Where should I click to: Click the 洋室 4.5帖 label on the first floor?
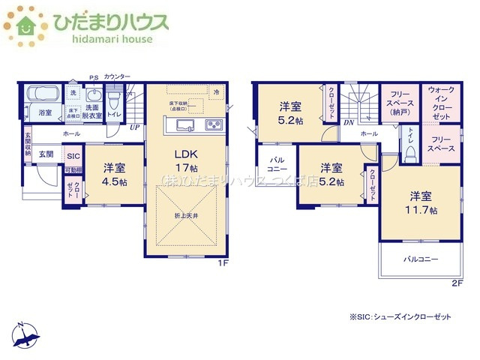(x=113, y=175)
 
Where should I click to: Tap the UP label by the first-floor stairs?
(x=134, y=127)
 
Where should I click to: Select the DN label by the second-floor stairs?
(x=348, y=122)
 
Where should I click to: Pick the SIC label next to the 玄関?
(x=73, y=156)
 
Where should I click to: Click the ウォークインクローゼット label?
(x=440, y=103)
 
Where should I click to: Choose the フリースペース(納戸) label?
(x=398, y=103)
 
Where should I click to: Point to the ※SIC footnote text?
(x=400, y=317)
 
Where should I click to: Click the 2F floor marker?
(x=457, y=283)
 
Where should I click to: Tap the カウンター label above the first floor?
(x=117, y=77)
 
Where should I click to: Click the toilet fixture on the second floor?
(x=410, y=153)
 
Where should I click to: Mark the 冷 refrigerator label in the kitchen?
(x=216, y=93)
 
